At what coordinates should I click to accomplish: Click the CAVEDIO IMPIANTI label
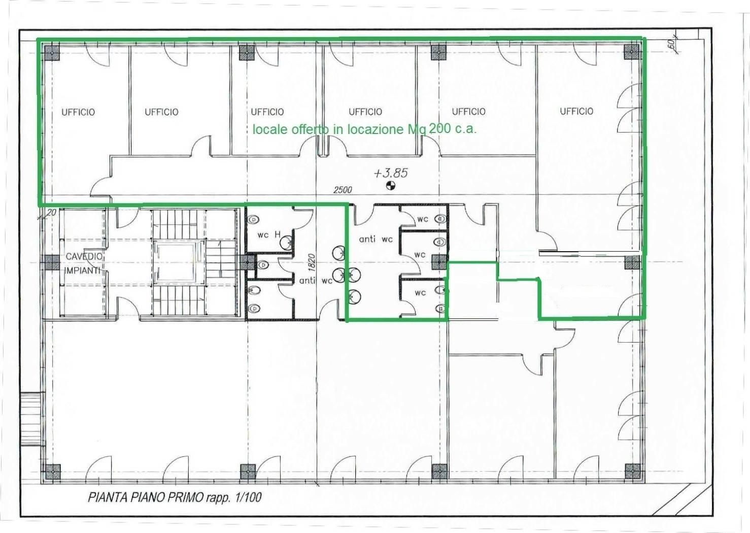click(x=82, y=263)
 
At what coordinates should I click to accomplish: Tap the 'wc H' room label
click(x=269, y=235)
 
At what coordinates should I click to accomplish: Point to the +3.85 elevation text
click(x=391, y=173)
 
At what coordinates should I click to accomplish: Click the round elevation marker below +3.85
click(x=391, y=185)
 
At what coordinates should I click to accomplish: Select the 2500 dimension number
click(x=343, y=190)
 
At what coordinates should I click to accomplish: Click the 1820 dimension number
click(x=311, y=262)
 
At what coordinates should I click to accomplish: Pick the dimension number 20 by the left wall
click(x=51, y=212)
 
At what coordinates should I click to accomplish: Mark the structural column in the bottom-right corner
click(x=632, y=472)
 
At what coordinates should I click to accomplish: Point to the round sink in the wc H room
click(x=286, y=242)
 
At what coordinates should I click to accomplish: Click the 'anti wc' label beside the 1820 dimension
click(x=316, y=281)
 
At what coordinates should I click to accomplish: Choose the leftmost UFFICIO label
click(x=78, y=112)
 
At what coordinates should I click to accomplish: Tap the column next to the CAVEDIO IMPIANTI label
click(x=52, y=262)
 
